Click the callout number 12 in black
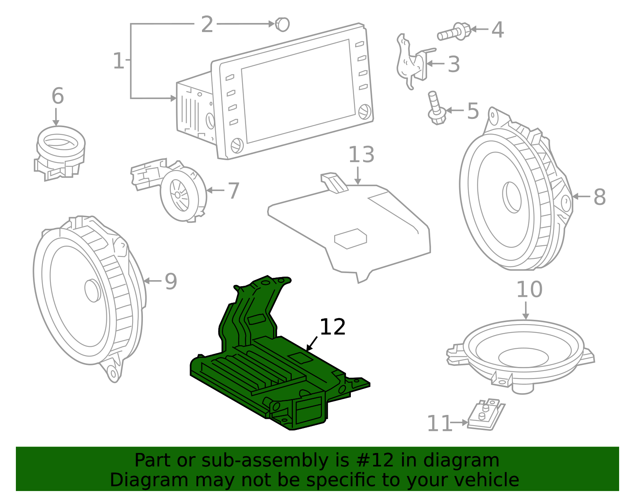pyautogui.click(x=333, y=327)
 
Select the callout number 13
pyautogui.click(x=361, y=155)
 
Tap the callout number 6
pyautogui.click(x=58, y=96)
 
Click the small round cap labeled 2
pyautogui.click(x=283, y=25)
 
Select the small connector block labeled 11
pyautogui.click(x=485, y=415)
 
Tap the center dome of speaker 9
pyautogui.click(x=92, y=291)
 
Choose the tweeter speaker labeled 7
pyautogui.click(x=181, y=193)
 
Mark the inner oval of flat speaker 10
pyautogui.click(x=523, y=357)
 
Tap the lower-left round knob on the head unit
pyautogui.click(x=237, y=145)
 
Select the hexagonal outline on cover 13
pyautogui.click(x=350, y=239)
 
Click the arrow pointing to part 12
pyautogui.click(x=312, y=344)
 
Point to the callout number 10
pyautogui.click(x=529, y=290)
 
